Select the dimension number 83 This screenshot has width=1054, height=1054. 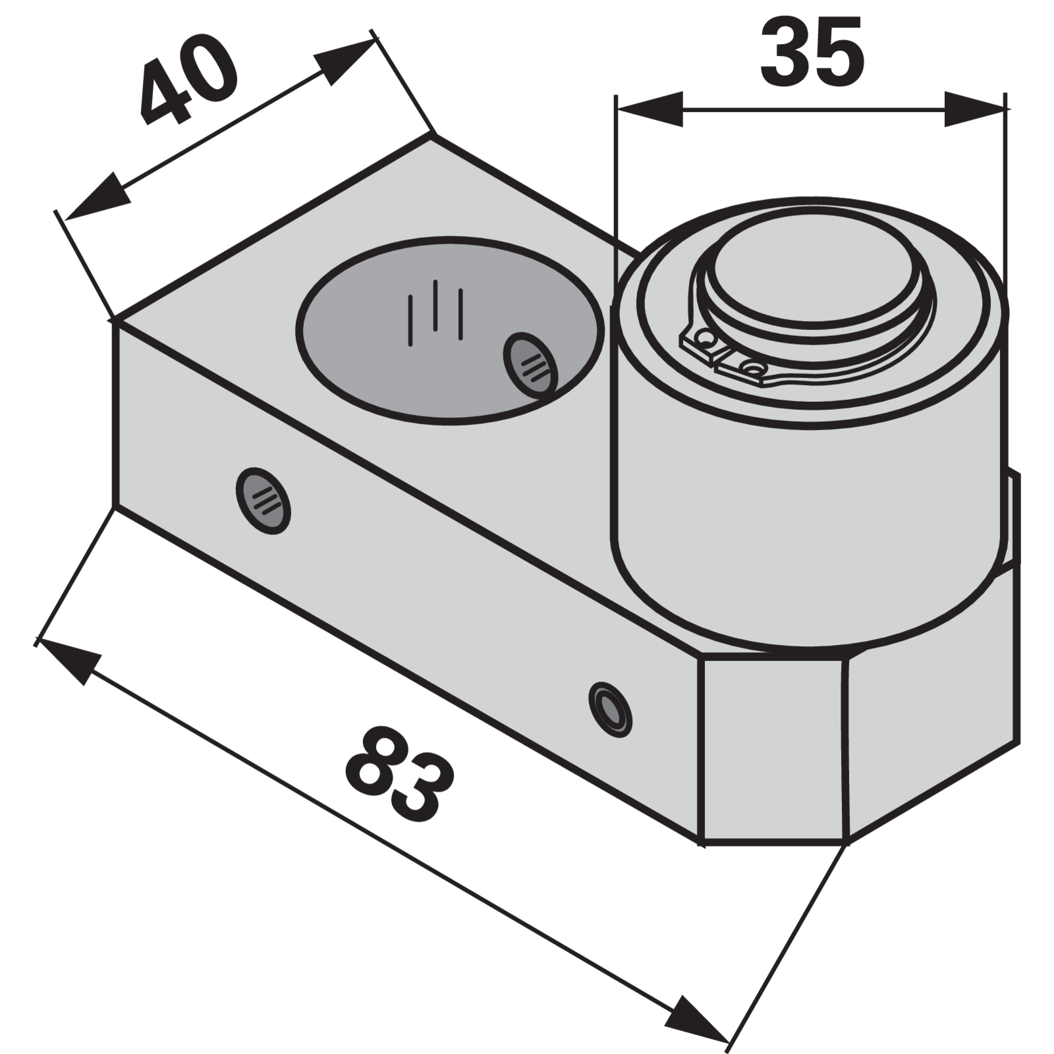click(399, 775)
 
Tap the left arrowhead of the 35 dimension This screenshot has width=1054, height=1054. click(650, 109)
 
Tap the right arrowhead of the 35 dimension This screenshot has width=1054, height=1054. click(975, 109)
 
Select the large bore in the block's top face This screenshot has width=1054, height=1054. click(450, 330)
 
